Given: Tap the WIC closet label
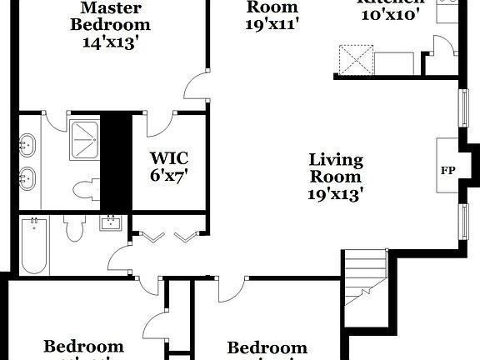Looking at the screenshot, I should (168, 157).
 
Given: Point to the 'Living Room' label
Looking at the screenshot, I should (336, 168).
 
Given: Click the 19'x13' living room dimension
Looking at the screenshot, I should (335, 194).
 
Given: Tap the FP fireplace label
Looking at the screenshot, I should (447, 170).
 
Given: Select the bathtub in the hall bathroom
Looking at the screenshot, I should (34, 246).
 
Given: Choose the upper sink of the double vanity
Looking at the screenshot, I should (27, 146).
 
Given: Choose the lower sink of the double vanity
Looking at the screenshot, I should (27, 178).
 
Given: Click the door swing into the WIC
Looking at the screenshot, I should (158, 123).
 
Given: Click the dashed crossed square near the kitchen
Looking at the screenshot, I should (352, 61).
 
